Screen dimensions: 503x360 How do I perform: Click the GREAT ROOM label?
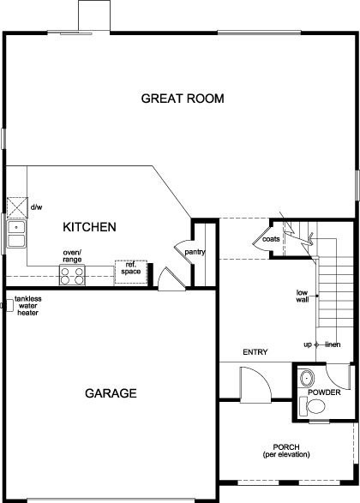[x=183, y=99]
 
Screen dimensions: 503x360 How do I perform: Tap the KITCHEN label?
[x=89, y=227]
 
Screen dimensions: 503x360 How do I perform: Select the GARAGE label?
[x=111, y=393]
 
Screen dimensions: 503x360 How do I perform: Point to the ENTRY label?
[x=255, y=352]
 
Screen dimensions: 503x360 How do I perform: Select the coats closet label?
[x=272, y=240]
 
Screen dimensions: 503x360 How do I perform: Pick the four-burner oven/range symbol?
[x=71, y=275]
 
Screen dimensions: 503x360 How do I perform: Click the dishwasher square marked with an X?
[x=17, y=207]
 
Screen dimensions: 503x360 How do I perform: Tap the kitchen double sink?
[x=16, y=232]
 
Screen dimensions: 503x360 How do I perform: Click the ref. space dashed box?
[x=132, y=270]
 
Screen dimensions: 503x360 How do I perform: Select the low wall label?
[x=303, y=296]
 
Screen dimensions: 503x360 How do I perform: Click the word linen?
[x=333, y=344]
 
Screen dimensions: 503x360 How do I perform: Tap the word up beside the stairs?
[x=307, y=344]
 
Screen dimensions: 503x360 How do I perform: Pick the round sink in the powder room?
[x=308, y=376]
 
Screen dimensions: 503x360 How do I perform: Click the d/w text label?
[x=37, y=207]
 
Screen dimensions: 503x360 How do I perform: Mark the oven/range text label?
[x=72, y=255]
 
